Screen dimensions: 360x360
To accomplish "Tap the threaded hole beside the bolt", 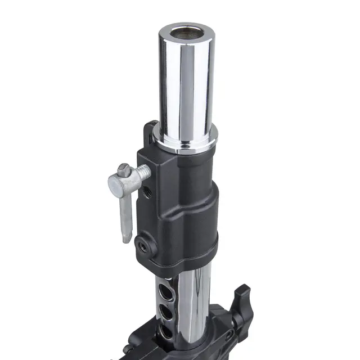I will tap(148, 192).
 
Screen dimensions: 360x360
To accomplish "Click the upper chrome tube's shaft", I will tap(186, 84).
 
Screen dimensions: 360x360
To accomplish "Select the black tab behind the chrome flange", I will tap(151, 132).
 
